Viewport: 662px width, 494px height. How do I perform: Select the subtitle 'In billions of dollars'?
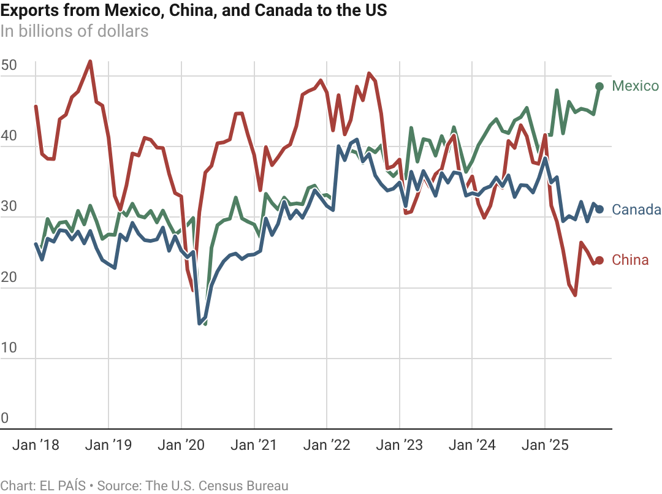(x=74, y=31)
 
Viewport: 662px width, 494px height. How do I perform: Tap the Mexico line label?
(x=636, y=86)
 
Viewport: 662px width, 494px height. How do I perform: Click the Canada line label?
(x=636, y=210)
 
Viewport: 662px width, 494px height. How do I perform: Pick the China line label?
(x=630, y=260)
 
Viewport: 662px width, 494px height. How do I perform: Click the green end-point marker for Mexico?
(x=599, y=86)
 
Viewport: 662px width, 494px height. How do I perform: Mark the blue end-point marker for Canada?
(x=599, y=210)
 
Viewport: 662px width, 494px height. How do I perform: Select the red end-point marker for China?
(x=599, y=260)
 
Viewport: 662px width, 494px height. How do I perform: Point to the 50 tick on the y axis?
(x=9, y=66)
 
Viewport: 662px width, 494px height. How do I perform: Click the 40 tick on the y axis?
(x=9, y=136)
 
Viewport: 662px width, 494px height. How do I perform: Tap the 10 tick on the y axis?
(x=9, y=348)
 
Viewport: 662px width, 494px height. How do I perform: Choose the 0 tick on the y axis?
(x=5, y=418)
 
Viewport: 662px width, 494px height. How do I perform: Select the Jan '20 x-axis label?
(x=181, y=445)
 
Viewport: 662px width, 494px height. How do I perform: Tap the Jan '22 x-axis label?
(x=327, y=445)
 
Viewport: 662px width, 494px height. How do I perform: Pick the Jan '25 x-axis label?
(x=545, y=445)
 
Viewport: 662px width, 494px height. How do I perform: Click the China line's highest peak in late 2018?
(x=91, y=61)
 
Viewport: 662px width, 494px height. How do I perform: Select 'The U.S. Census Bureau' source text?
(x=216, y=486)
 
